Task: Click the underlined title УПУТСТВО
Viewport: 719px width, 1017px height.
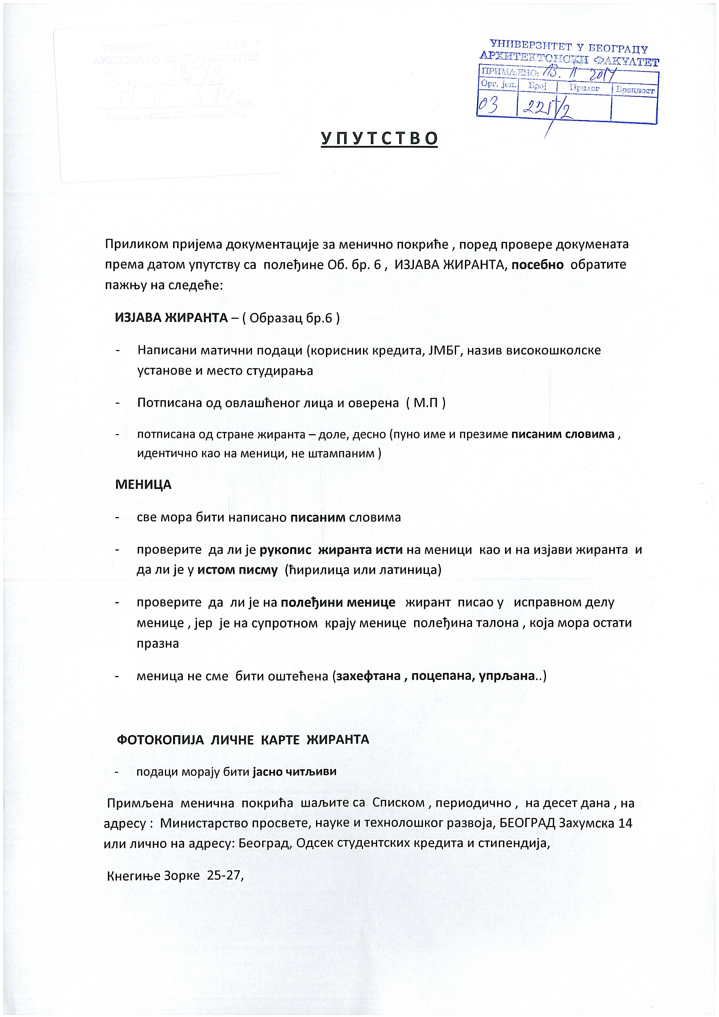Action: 379,138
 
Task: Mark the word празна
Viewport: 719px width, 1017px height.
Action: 158,643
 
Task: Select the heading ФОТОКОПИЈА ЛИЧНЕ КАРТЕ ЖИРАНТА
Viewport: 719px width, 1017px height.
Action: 243,739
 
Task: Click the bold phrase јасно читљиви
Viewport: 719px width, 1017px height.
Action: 295,771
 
